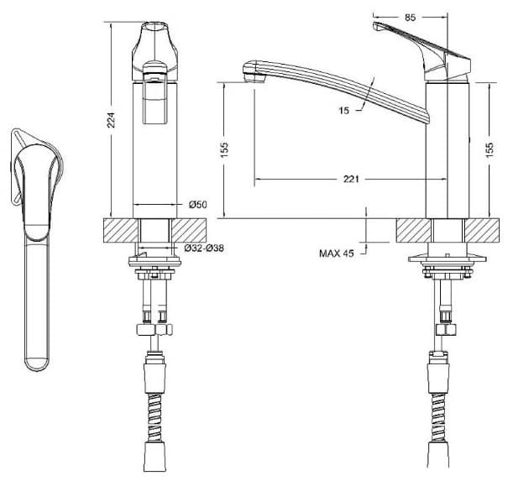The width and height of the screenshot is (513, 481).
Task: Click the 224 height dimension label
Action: (x=112, y=120)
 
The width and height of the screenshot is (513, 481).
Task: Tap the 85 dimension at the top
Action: (x=410, y=18)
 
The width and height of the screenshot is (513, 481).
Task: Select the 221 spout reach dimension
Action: (x=351, y=179)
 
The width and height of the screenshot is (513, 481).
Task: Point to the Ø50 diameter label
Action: (x=198, y=205)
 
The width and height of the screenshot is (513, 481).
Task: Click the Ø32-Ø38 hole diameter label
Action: (x=204, y=248)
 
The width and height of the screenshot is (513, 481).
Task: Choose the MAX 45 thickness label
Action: (x=337, y=254)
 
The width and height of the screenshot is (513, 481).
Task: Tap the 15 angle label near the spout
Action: (x=344, y=111)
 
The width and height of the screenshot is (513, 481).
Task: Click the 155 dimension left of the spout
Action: (x=224, y=150)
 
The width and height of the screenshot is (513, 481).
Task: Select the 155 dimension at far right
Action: (x=489, y=150)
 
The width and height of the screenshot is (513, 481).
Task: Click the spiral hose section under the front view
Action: (x=154, y=418)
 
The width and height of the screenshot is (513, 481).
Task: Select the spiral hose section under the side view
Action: (x=438, y=418)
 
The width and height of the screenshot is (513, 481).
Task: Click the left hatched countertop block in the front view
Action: (x=121, y=230)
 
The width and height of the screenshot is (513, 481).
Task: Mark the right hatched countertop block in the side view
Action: (x=482, y=230)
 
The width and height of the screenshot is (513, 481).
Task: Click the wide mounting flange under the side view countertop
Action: (x=448, y=259)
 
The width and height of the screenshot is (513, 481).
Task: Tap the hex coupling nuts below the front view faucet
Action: (x=154, y=330)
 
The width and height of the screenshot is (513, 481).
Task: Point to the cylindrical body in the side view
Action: (x=448, y=150)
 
